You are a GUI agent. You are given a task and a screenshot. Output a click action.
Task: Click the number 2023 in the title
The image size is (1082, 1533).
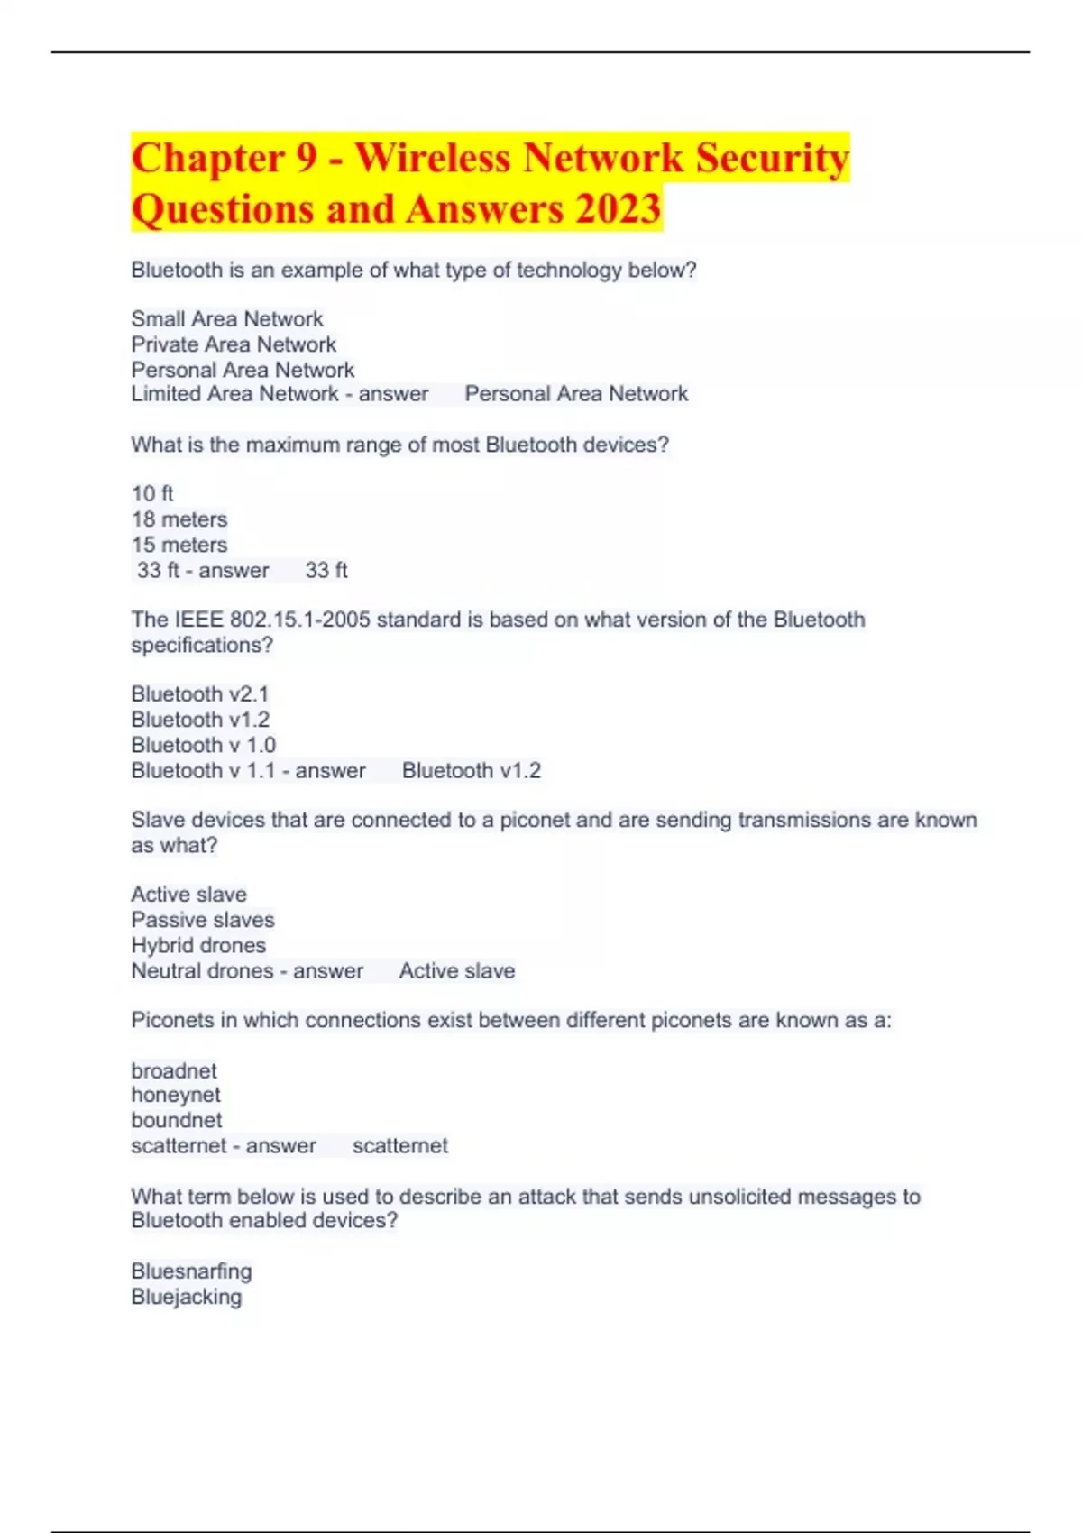click(x=618, y=209)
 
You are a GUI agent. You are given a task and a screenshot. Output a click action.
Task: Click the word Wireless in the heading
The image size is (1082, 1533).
click(x=432, y=158)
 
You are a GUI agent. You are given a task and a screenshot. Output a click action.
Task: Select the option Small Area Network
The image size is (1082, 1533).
click(x=226, y=319)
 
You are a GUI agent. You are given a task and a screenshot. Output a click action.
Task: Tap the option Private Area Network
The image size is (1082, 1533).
click(x=234, y=344)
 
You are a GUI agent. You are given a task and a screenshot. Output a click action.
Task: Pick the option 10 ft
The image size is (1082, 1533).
click(x=152, y=494)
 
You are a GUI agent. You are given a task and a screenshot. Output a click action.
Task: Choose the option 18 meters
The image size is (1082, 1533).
click(x=179, y=519)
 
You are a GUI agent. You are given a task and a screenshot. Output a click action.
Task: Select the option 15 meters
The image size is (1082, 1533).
click(x=179, y=545)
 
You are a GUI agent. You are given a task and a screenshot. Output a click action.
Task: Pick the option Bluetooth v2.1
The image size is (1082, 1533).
click(x=199, y=694)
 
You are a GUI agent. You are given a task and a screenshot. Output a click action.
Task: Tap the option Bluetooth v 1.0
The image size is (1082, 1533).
click(x=203, y=745)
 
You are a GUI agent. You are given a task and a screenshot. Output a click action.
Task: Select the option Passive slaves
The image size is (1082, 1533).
click(x=203, y=920)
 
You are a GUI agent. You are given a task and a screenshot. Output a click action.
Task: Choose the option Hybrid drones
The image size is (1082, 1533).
click(x=198, y=945)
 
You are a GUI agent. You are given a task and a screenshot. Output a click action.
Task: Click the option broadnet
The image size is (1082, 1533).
click(x=174, y=1070)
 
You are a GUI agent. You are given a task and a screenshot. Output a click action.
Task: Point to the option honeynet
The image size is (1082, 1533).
click(x=176, y=1095)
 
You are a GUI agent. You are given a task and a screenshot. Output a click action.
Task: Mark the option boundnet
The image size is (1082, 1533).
click(x=176, y=1120)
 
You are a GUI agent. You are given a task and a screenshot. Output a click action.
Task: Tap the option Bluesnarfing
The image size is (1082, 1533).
click(x=191, y=1271)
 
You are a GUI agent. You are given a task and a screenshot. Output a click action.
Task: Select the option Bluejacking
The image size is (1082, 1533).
click(x=187, y=1297)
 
